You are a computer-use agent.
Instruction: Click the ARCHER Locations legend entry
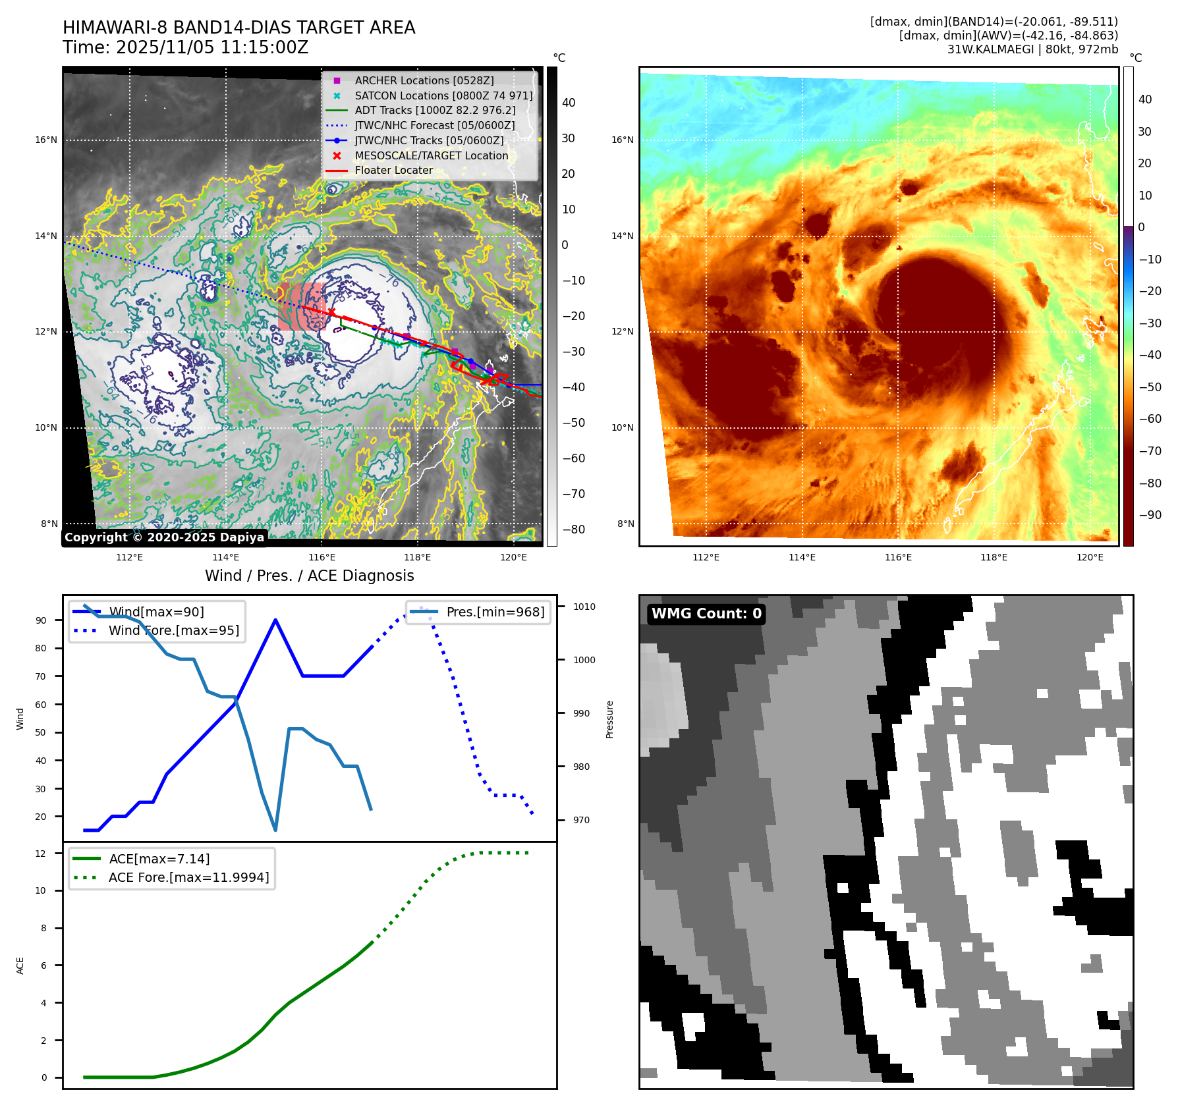point(424,80)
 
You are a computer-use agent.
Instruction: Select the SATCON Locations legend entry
point(443,95)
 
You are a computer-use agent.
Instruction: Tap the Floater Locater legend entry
point(393,170)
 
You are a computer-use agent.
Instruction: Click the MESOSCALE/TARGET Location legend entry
point(431,155)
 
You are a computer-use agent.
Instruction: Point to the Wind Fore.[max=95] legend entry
point(173,630)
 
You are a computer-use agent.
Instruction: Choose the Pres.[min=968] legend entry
point(495,612)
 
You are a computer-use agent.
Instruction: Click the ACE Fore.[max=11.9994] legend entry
point(188,877)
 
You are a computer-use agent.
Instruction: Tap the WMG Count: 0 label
point(706,614)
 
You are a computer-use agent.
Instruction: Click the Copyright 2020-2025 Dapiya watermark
point(164,537)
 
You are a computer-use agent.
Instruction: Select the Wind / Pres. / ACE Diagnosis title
point(309,576)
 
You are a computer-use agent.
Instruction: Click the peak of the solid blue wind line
point(275,620)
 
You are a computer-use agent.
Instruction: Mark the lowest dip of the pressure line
point(275,830)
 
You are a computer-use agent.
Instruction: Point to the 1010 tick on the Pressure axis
point(584,607)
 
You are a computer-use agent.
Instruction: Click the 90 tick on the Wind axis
point(42,620)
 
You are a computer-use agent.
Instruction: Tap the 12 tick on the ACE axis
point(41,854)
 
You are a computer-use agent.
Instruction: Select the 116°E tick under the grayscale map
point(322,557)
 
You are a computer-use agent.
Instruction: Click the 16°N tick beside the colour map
point(622,140)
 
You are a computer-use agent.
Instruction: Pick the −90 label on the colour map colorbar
point(1150,515)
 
